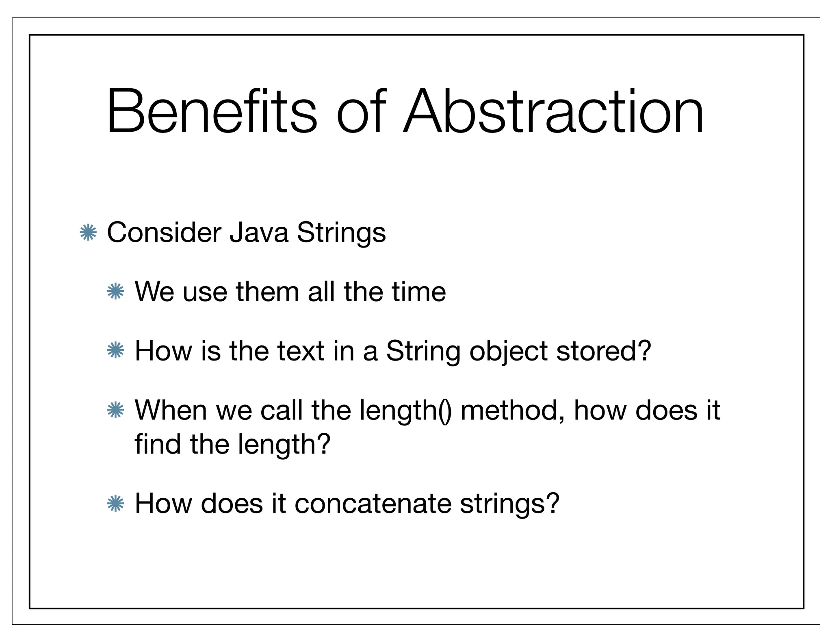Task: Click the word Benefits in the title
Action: click(211, 111)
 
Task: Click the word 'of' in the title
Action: click(361, 111)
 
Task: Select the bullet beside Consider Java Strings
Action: click(88, 233)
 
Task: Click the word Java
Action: click(259, 233)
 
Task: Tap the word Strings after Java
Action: click(341, 234)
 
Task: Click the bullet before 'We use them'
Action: click(115, 291)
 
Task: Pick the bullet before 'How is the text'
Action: click(115, 350)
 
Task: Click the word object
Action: click(508, 352)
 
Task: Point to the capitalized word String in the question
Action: click(423, 352)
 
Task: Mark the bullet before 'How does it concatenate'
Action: click(115, 504)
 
